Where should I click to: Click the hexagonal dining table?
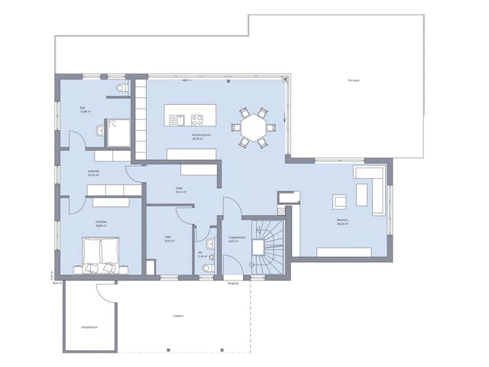click(x=252, y=127)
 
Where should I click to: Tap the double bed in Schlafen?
click(x=99, y=255)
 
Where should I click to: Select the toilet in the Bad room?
click(x=120, y=89)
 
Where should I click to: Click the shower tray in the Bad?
click(x=118, y=132)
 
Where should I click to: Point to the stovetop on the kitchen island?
click(x=197, y=119)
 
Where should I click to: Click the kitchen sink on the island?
click(x=178, y=119)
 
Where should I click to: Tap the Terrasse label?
click(x=353, y=80)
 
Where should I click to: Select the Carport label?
click(x=178, y=315)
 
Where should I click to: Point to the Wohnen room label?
click(x=342, y=222)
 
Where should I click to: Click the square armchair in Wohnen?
click(x=338, y=202)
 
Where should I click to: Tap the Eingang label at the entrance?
click(x=233, y=283)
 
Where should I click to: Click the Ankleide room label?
click(x=93, y=172)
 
